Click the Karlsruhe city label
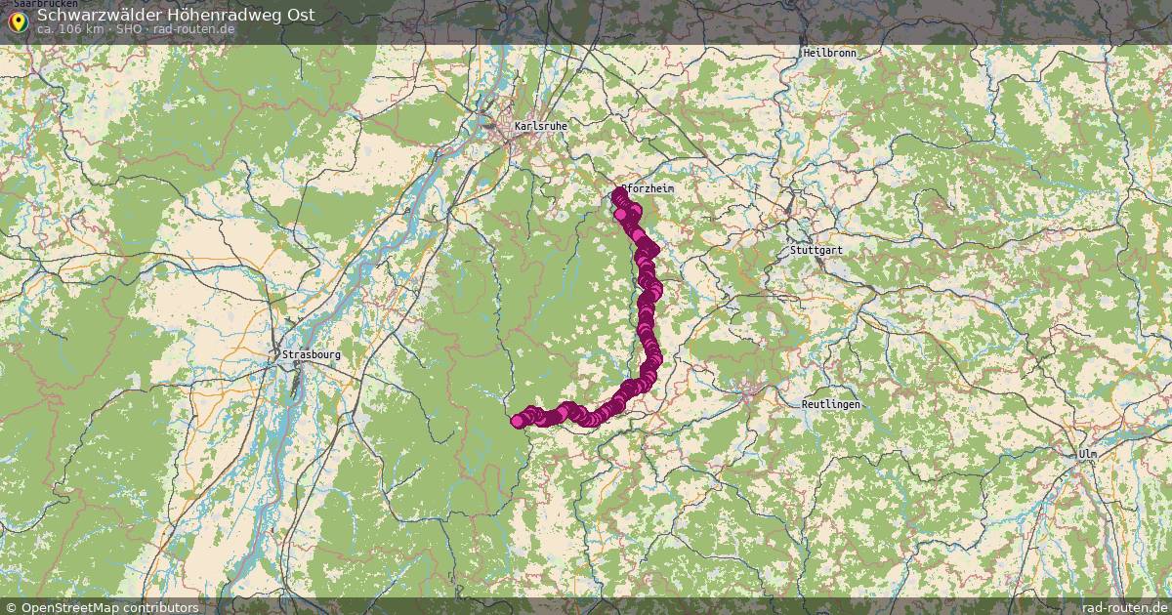click(540, 126)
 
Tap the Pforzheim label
click(648, 188)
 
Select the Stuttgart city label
click(816, 251)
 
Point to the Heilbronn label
click(829, 53)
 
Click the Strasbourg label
click(310, 354)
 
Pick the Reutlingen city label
click(830, 404)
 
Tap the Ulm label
click(1087, 455)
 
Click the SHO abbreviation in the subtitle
click(130, 29)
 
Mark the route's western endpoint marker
click(518, 422)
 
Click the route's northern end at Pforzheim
click(619, 196)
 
